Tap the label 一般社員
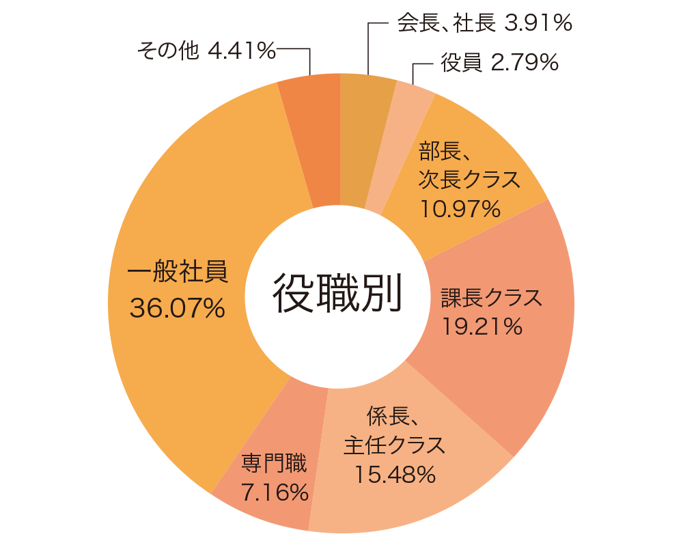click(x=177, y=272)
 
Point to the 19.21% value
click(x=482, y=327)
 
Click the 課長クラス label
click(x=490, y=298)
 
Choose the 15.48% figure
click(x=395, y=474)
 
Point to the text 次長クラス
click(x=469, y=180)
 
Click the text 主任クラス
click(x=394, y=445)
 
